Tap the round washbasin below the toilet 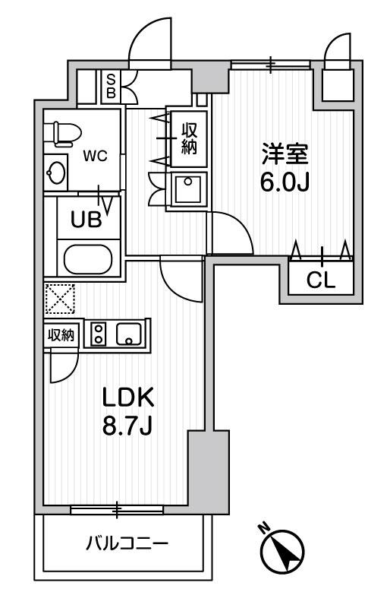pos(55,173)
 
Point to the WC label pos(96,157)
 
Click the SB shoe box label pos(111,86)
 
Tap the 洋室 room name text pos(285,155)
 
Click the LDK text pos(129,397)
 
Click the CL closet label pos(320,280)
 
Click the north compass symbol pos(283,549)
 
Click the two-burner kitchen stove pos(99,334)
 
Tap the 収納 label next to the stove pos(61,335)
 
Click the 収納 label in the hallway pos(188,138)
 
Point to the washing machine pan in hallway pos(186,189)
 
